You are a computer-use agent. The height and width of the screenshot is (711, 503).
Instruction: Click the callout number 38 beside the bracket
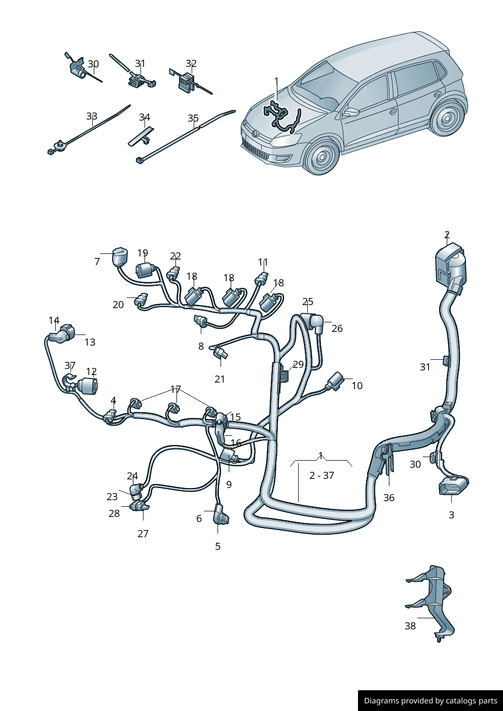pyautogui.click(x=410, y=626)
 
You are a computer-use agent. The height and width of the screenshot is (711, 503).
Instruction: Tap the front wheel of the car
pyautogui.click(x=322, y=157)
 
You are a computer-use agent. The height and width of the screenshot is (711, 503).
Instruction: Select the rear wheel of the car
pyautogui.click(x=447, y=119)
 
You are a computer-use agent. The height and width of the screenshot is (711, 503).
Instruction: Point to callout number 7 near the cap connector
pyautogui.click(x=97, y=261)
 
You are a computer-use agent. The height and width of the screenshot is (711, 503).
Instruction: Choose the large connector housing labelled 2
pyautogui.click(x=449, y=266)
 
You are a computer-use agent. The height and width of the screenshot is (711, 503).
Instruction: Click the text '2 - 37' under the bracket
pyautogui.click(x=321, y=475)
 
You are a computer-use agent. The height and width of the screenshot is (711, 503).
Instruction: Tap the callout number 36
pyautogui.click(x=388, y=498)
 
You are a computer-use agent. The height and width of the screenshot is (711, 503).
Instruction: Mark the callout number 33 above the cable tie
pyautogui.click(x=91, y=117)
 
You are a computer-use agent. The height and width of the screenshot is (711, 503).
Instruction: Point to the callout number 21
pyautogui.click(x=220, y=379)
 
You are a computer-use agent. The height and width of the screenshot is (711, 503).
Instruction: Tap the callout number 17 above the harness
pyautogui.click(x=175, y=389)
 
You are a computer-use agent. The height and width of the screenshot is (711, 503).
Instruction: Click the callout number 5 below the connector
pyautogui.click(x=218, y=546)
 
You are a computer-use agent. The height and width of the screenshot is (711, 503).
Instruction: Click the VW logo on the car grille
pyautogui.click(x=256, y=133)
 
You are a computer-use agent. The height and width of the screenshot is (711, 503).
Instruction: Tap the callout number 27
pyautogui.click(x=143, y=533)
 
